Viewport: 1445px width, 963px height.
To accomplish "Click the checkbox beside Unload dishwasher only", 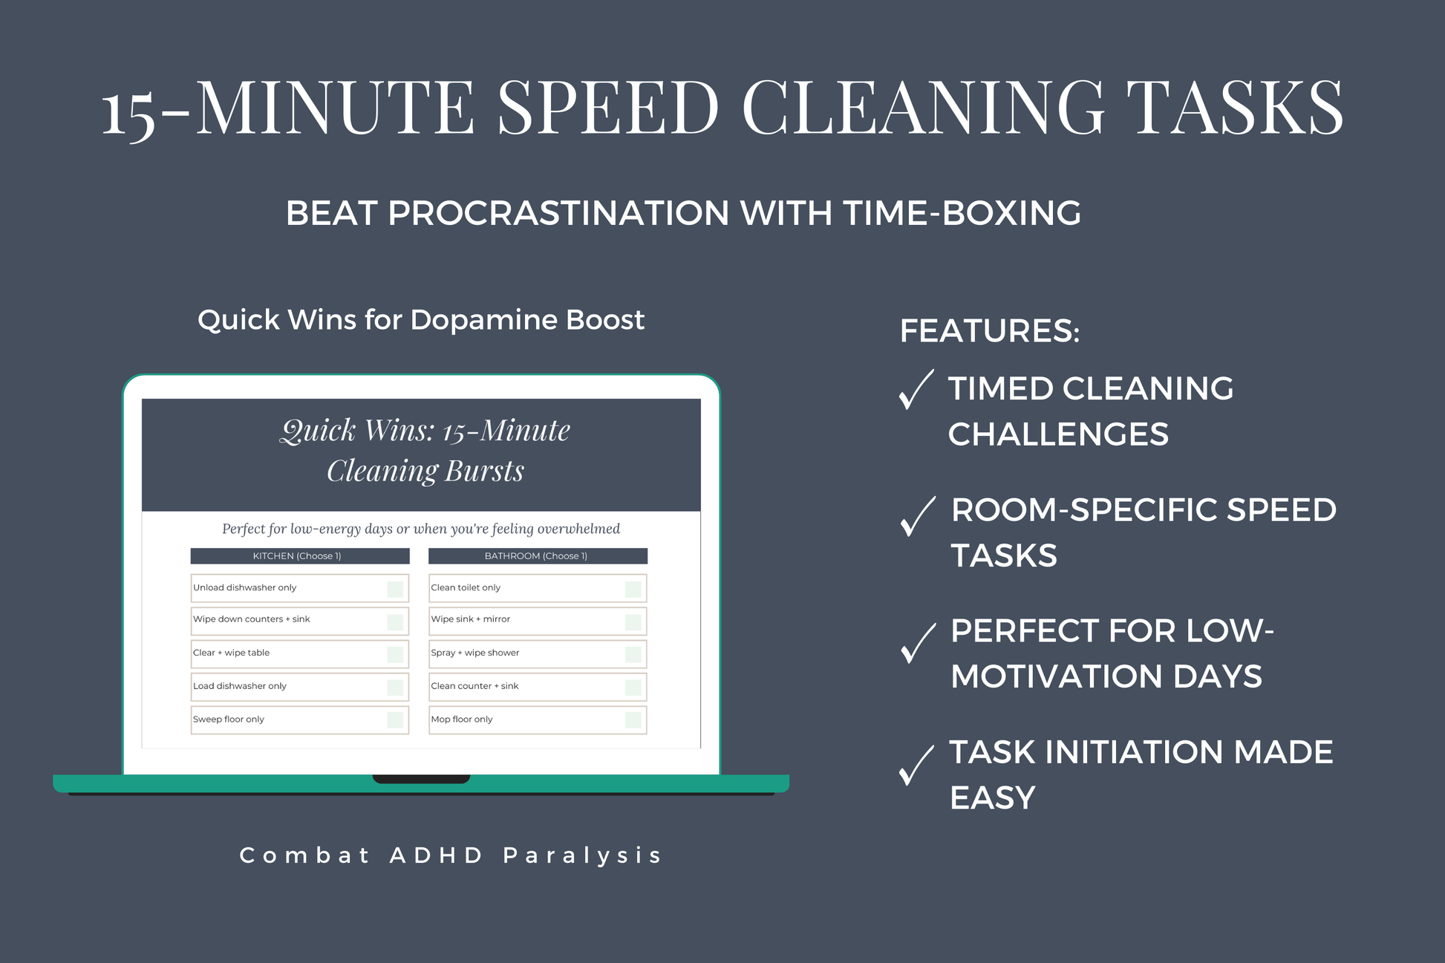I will pos(395,590).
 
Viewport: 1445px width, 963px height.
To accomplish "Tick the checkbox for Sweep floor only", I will pos(395,719).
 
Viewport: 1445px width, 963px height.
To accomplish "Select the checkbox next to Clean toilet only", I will pos(633,590).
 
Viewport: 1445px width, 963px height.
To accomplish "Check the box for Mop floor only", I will pos(633,719).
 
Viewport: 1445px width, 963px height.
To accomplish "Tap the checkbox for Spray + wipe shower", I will pos(633,654).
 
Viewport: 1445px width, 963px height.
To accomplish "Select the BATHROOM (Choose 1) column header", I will pos(537,556).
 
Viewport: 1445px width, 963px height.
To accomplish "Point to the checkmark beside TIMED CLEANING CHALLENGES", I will pos(916,390).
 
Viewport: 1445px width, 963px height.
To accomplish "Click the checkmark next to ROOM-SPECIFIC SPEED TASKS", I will pos(917,516).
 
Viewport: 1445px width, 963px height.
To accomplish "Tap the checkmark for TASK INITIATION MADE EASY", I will pos(916,765).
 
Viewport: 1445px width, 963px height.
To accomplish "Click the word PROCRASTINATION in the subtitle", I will pos(558,214).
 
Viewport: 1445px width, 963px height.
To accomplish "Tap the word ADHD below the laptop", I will pos(437,855).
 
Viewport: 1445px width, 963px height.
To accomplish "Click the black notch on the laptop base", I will pos(421,779).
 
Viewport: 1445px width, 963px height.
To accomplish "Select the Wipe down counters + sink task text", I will pos(252,619).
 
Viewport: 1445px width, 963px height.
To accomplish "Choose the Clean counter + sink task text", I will pos(474,686).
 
